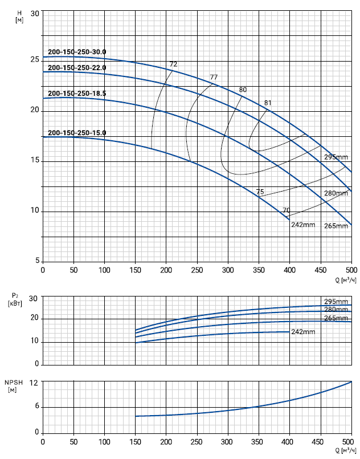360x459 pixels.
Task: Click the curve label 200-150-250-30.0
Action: click(77, 52)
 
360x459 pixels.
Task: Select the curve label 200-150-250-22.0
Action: click(77, 68)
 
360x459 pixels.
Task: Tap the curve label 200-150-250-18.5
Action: click(77, 93)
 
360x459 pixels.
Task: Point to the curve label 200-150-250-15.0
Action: click(77, 133)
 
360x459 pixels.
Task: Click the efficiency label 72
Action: click(173, 64)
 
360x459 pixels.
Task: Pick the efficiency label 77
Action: click(214, 77)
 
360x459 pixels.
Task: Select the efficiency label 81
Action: click(268, 103)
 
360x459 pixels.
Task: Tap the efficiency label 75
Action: click(260, 192)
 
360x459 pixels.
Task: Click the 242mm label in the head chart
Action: click(303, 224)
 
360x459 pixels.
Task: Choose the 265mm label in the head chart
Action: click(336, 226)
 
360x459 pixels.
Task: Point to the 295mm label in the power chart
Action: click(336, 301)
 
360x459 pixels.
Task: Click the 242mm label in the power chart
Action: click(303, 332)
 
